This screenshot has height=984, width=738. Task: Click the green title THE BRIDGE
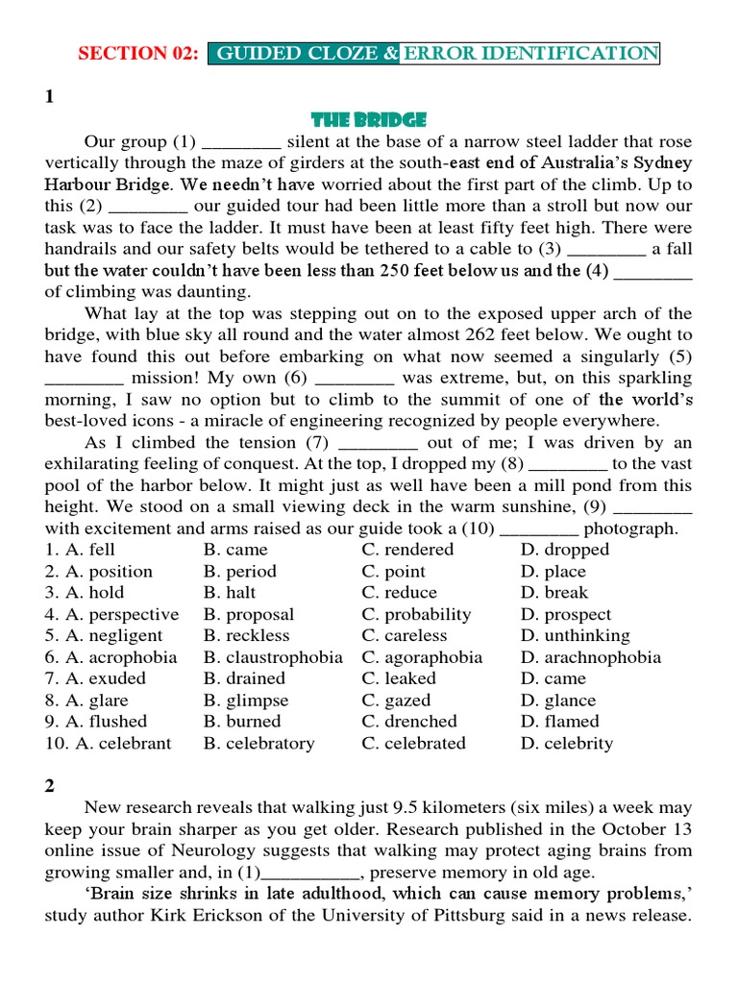(369, 120)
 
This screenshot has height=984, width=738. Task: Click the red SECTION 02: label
(138, 54)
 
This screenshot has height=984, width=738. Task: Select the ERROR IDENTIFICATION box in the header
(530, 54)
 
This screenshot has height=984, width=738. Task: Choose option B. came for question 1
(235, 550)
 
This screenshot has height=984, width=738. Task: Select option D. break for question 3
(554, 593)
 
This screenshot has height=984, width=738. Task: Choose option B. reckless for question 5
(246, 636)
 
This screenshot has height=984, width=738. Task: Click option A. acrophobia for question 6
(111, 658)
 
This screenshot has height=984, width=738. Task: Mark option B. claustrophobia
(273, 658)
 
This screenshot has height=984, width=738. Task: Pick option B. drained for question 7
(244, 678)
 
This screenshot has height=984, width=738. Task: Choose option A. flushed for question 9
(96, 722)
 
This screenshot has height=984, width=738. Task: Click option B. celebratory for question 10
(258, 744)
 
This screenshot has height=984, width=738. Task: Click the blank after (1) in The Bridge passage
(241, 142)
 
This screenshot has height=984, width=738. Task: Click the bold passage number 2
(50, 785)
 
